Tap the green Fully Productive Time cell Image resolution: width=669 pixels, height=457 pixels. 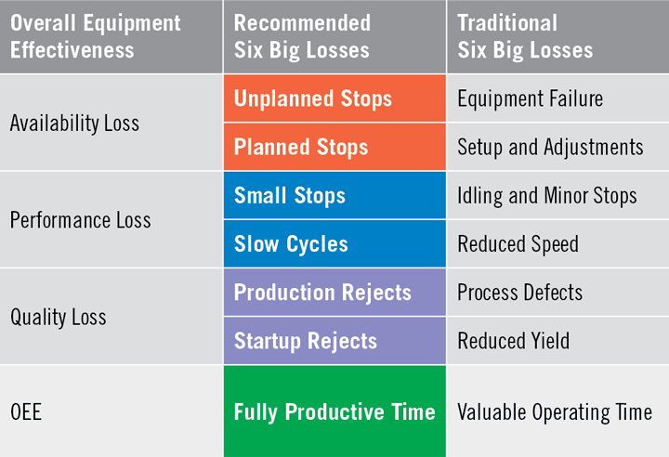334,411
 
